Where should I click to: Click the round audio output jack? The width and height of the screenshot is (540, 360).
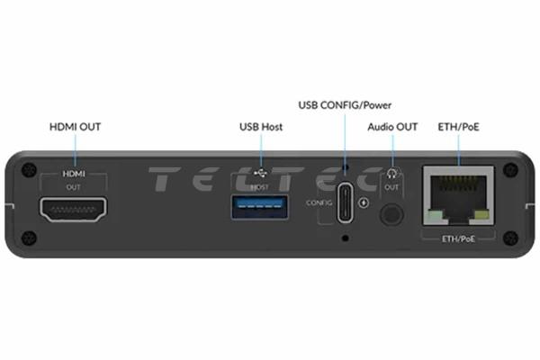(391, 215)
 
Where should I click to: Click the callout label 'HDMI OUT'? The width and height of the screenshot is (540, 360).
(75, 127)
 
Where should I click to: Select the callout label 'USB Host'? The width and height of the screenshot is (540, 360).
(261, 127)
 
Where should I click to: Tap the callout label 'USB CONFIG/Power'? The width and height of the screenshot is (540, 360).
(346, 105)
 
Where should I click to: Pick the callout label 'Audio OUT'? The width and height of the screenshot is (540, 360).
(392, 127)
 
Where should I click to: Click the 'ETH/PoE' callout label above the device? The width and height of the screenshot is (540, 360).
(458, 127)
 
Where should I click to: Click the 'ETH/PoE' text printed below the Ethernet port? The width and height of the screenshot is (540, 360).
(458, 236)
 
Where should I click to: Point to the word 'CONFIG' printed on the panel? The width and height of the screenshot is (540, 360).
(319, 203)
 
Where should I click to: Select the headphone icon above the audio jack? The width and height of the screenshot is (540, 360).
(391, 174)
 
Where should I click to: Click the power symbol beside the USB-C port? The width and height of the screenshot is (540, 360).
(364, 202)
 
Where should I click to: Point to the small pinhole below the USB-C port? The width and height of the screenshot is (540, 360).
(346, 238)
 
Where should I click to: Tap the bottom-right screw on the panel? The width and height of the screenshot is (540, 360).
(511, 238)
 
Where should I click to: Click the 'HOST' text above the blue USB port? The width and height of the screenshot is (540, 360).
(259, 186)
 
